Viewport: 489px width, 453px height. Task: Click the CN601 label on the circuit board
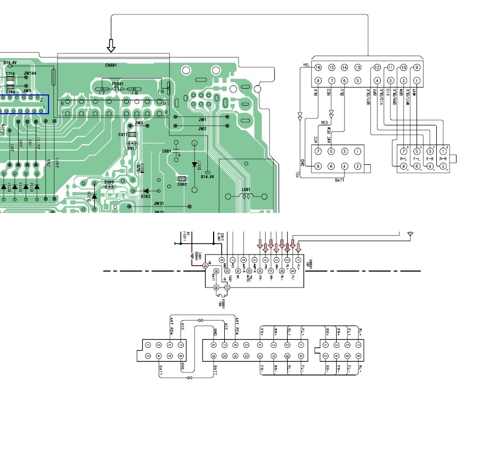tap(111, 65)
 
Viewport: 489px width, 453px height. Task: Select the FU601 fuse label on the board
tap(118, 83)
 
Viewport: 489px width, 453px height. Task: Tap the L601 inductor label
tap(246, 189)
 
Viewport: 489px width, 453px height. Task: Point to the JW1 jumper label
tap(202, 120)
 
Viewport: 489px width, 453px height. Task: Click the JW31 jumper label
tap(159, 203)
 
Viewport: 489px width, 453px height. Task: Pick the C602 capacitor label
tap(182, 184)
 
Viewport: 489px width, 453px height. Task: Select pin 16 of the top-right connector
tap(317, 68)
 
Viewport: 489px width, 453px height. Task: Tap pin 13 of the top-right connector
tap(357, 68)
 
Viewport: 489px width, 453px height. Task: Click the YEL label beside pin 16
tap(306, 65)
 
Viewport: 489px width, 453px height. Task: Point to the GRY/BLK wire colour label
tap(368, 99)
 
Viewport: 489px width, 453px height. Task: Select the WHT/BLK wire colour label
tap(407, 99)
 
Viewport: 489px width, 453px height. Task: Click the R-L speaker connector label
tap(403, 159)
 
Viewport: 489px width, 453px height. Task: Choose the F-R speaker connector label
tap(430, 159)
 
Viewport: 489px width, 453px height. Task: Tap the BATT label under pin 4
tap(339, 180)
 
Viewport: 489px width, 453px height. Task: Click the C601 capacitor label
tap(166, 151)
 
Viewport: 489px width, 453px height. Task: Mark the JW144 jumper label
tap(30, 74)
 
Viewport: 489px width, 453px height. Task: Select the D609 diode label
tap(109, 182)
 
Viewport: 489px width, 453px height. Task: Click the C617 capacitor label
tap(123, 135)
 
